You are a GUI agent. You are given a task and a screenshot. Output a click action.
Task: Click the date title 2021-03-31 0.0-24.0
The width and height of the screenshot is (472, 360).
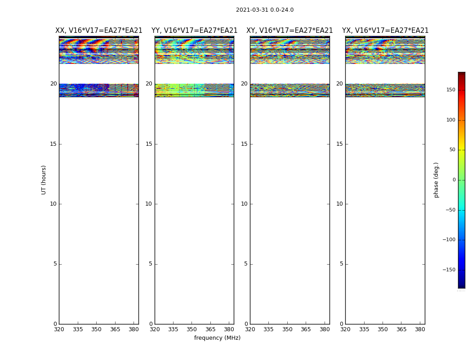pos(264,10)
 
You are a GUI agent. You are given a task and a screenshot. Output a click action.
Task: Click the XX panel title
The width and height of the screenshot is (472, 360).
pos(98,31)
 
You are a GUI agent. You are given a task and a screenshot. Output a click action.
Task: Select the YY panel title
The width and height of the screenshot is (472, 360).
pos(194,31)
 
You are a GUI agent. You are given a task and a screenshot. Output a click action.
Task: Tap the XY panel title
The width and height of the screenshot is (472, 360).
pos(289,31)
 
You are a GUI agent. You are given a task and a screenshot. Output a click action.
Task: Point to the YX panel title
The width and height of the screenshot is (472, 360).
pos(385,31)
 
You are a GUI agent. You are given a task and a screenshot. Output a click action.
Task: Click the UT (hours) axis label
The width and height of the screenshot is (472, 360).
pos(44,180)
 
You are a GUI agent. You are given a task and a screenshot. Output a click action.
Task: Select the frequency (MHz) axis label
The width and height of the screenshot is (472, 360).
pos(217,338)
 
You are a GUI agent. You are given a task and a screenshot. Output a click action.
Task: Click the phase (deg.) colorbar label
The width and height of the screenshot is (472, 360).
pos(436,180)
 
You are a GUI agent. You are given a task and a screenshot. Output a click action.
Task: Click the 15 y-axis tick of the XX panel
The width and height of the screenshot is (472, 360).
pos(53,144)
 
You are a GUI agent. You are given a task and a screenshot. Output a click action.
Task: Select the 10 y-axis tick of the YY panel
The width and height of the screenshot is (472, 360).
pos(149,204)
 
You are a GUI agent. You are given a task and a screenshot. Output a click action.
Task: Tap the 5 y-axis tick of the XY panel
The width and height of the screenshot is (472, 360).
pos(246,264)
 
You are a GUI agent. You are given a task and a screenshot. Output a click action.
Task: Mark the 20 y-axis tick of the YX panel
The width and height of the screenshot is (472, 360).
pos(339,84)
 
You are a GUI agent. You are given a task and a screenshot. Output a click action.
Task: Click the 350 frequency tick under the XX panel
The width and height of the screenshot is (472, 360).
pos(96,329)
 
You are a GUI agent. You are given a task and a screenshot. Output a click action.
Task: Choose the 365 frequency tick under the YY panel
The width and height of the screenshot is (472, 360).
pos(210,329)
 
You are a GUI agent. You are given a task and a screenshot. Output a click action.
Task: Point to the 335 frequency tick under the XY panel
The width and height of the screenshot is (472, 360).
pos(268,329)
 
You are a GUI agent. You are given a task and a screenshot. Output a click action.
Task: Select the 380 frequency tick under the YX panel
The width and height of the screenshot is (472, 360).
pos(420,329)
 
